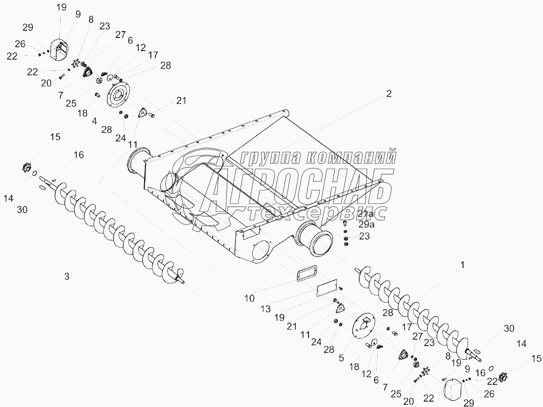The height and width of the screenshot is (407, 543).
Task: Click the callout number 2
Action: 389,94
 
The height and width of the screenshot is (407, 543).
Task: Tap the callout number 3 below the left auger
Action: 67,276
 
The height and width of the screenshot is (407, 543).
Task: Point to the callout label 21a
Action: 365,213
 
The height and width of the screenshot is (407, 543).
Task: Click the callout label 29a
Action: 366,224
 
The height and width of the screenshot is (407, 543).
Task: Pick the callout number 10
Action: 250,298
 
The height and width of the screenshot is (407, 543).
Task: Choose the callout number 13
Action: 266,309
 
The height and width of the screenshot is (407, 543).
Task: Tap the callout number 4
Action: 95,121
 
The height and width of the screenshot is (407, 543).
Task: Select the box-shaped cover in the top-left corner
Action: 58,49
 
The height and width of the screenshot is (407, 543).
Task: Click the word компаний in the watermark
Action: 351,157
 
